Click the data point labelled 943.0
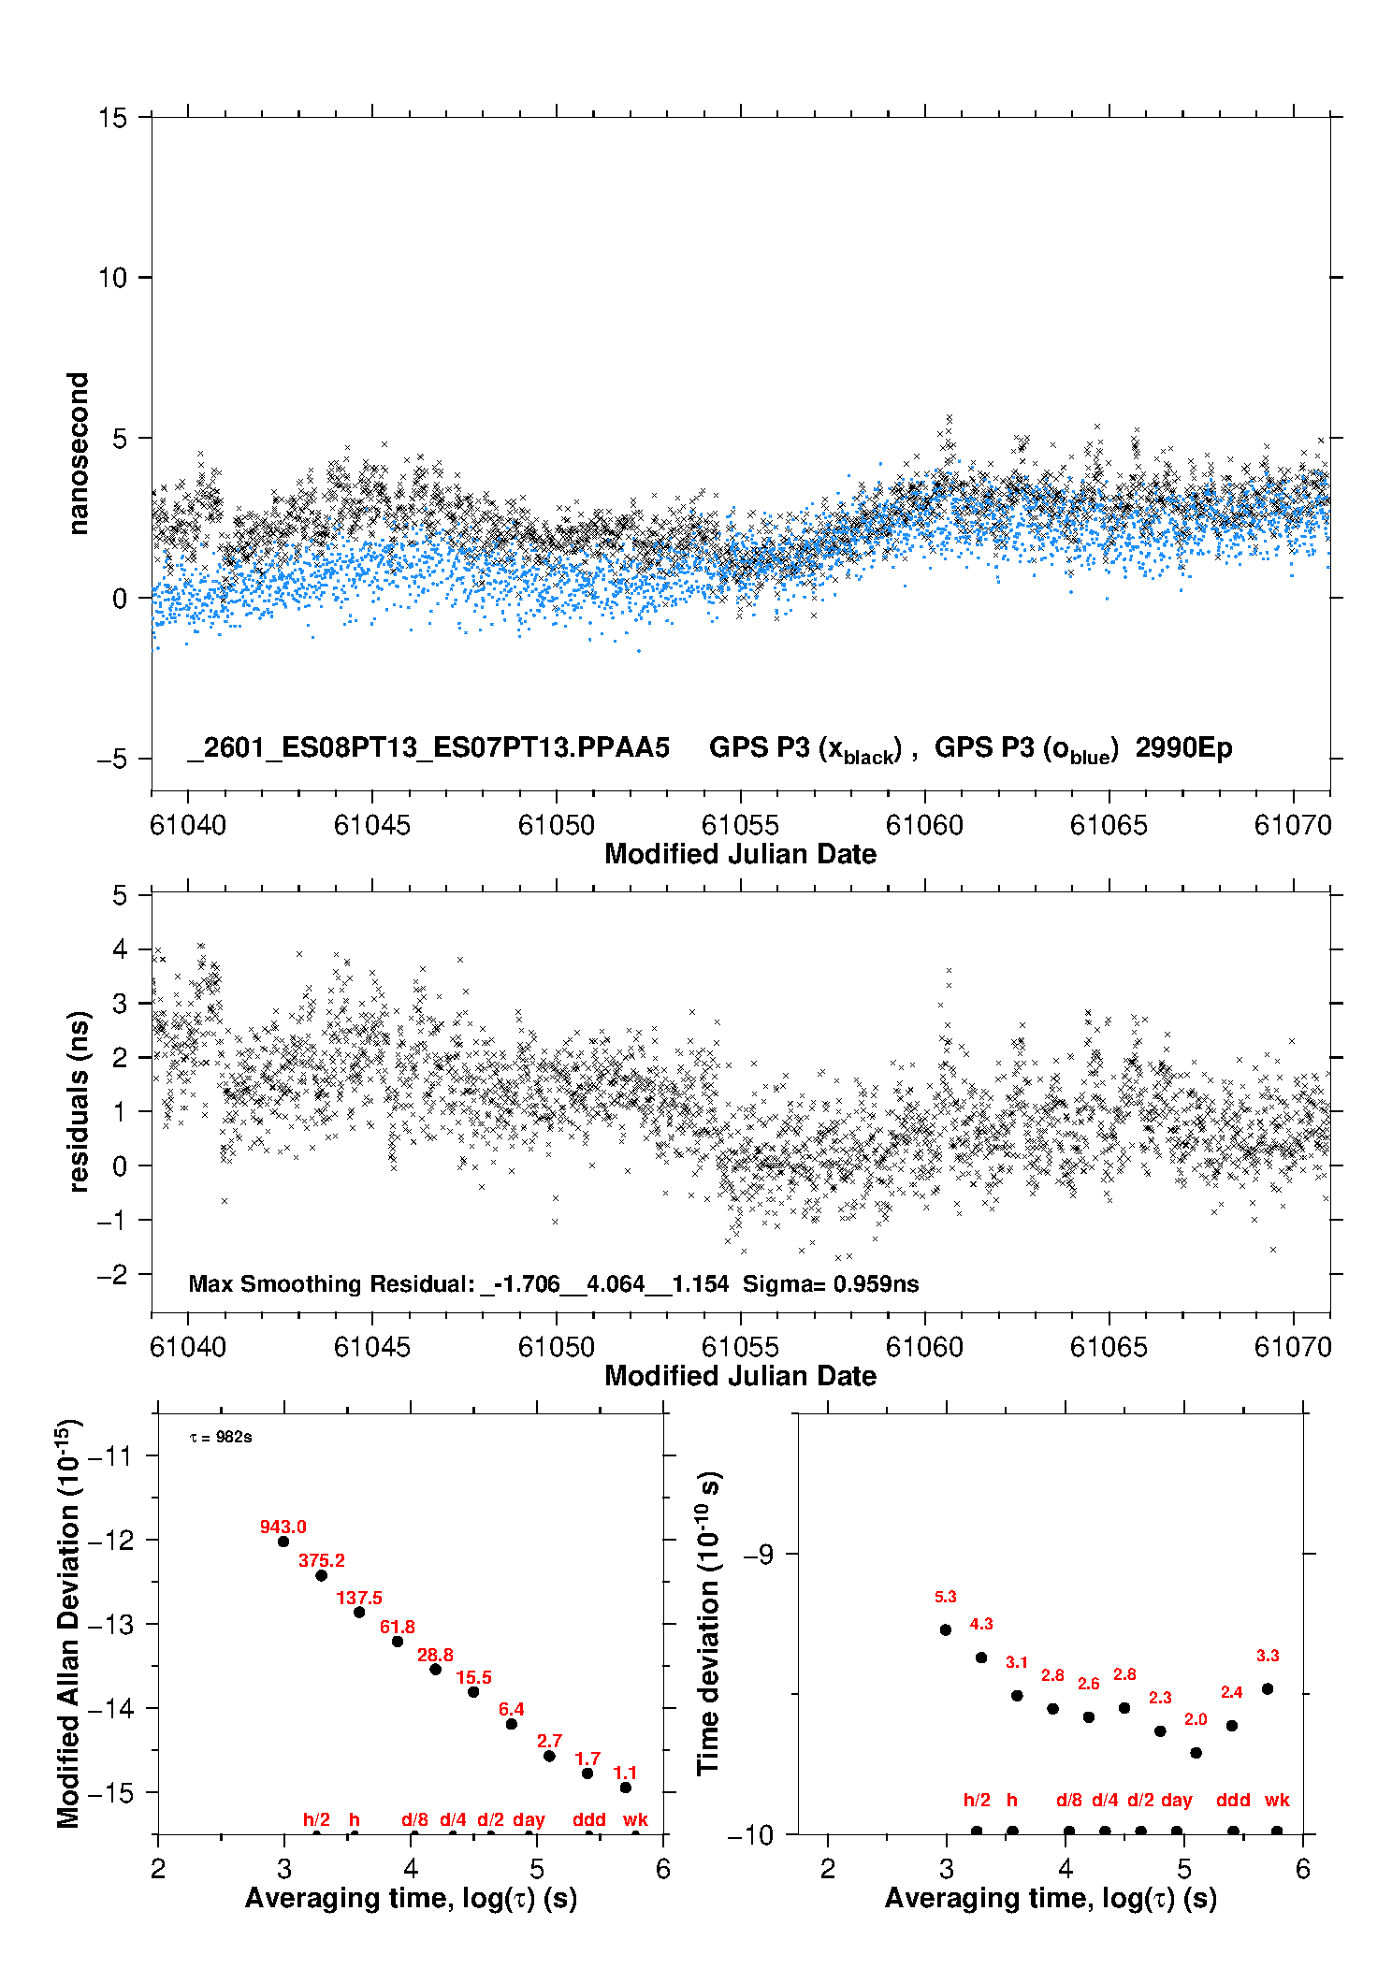click(283, 1542)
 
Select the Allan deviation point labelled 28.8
click(435, 1670)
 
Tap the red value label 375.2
click(322, 1560)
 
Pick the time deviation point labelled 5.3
click(946, 1629)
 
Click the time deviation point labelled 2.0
click(1196, 1753)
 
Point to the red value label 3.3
click(1268, 1656)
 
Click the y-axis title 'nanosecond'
click(79, 454)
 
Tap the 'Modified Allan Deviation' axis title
click(68, 1623)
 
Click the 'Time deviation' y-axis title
click(708, 1623)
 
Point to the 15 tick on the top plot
click(112, 118)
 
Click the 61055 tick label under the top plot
click(740, 825)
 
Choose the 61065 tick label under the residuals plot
click(1109, 1347)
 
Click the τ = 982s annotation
click(221, 1437)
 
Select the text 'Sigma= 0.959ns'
click(831, 1283)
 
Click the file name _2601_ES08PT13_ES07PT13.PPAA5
click(428, 747)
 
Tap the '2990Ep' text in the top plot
click(1183, 747)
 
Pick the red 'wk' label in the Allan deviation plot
click(635, 1819)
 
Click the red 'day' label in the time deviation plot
click(1176, 1800)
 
